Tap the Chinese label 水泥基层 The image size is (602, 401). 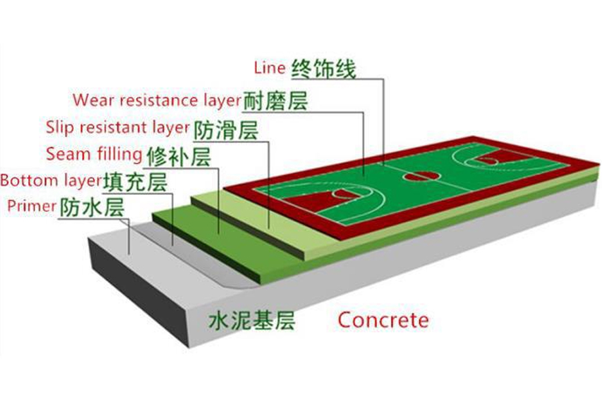252,321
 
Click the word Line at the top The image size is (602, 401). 270,68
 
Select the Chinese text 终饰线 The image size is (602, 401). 323,69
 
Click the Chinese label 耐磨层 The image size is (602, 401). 275,101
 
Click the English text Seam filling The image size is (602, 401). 94,154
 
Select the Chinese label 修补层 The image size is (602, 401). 178,156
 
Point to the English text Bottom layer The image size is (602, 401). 50,180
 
